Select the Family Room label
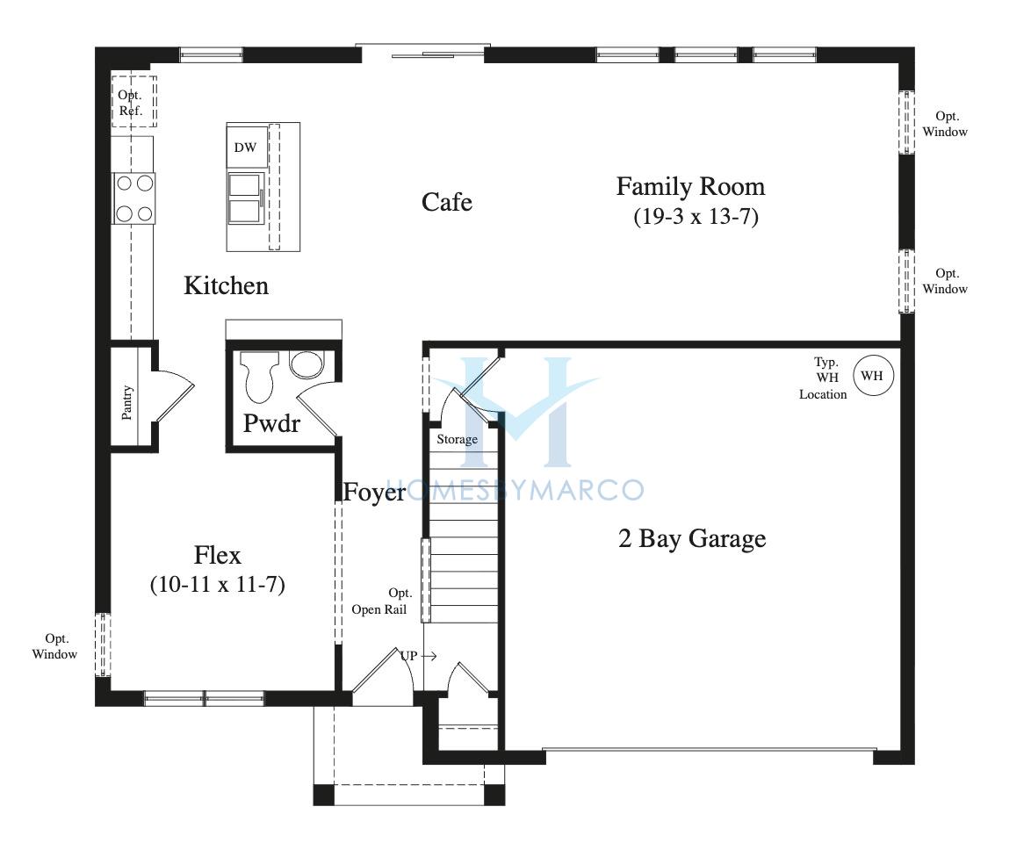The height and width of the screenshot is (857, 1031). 690,187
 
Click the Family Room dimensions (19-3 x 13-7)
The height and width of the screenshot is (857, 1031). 696,216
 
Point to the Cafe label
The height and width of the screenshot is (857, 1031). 446,202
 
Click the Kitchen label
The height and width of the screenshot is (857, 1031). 227,285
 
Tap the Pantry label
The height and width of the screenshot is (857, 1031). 127,402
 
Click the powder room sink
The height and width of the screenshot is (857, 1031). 307,364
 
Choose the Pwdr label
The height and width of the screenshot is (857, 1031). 270,423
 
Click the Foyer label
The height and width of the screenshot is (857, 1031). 374,493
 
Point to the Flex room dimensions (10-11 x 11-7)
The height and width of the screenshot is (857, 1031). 217,584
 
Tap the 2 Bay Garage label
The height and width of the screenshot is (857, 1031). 692,539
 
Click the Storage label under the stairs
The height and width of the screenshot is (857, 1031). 457,440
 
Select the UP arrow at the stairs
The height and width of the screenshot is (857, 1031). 429,656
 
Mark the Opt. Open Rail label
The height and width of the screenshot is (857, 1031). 379,601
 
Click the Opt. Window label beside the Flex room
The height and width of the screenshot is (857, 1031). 54,646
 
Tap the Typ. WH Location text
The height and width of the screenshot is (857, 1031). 823,378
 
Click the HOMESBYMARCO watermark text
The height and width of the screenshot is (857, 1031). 514,490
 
